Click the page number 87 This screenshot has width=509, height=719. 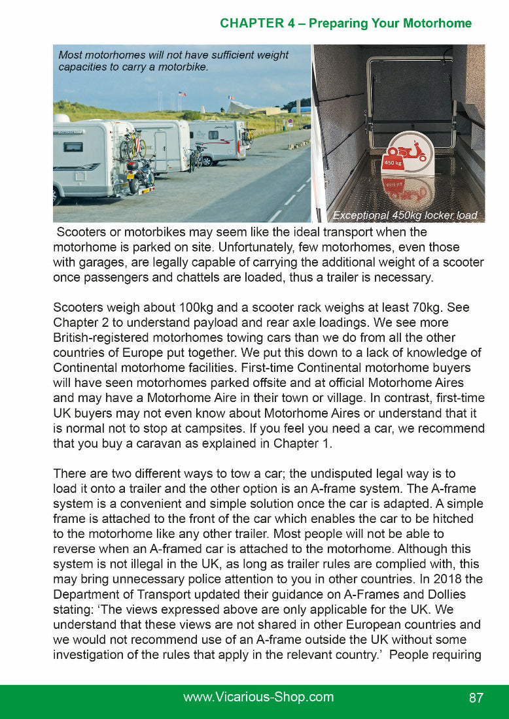click(476, 697)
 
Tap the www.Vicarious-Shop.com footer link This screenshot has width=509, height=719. click(258, 697)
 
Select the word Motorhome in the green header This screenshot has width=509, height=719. click(437, 24)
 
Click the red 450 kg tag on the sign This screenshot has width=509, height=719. click(392, 162)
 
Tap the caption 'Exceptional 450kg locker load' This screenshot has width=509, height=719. click(404, 215)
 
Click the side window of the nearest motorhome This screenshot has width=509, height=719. click(73, 148)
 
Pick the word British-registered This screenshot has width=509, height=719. click(109, 338)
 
